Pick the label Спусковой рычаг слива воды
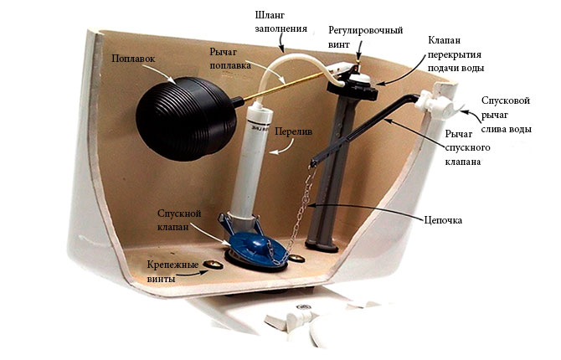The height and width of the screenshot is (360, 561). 506,115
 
